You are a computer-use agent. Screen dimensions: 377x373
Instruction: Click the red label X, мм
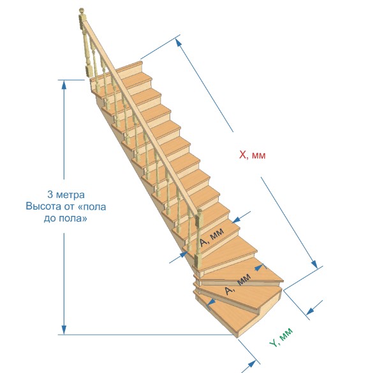(253, 155)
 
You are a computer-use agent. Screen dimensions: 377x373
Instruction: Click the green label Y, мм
(281, 337)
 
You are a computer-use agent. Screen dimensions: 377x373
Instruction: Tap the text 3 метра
(66, 195)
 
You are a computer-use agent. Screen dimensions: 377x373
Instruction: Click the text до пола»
(66, 218)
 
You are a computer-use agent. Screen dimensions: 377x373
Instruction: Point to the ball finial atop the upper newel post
(82, 10)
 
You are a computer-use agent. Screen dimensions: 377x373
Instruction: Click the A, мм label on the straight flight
(212, 237)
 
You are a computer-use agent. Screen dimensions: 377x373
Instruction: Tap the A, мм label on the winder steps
(238, 284)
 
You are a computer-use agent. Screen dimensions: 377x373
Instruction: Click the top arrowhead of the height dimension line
(64, 85)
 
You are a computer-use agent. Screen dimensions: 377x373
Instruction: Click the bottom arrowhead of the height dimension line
(64, 330)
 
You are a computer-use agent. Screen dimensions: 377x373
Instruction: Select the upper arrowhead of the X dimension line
(179, 43)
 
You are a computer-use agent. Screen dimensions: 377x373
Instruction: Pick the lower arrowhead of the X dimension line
(314, 264)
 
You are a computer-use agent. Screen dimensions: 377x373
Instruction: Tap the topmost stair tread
(129, 66)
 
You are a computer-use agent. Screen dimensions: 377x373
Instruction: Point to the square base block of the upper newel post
(89, 70)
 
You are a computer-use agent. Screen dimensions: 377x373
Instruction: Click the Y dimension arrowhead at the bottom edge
(251, 364)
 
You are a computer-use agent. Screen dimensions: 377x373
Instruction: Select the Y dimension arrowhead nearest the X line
(311, 310)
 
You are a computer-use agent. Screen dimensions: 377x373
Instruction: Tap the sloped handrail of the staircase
(142, 118)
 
